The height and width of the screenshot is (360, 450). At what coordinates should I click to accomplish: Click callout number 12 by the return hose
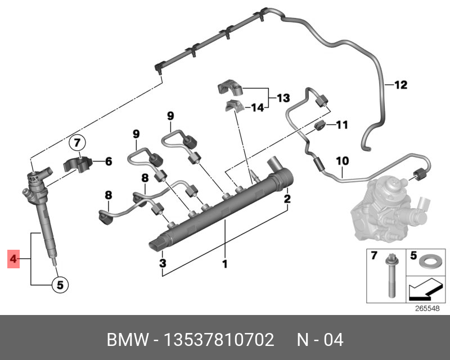point(400,85)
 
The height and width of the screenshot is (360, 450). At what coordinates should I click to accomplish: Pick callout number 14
point(257,107)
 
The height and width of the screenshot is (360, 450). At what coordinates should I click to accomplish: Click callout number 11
point(343,124)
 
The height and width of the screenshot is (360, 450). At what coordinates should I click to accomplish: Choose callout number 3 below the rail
point(162,263)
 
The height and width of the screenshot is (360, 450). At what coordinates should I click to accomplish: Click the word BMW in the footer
point(124,340)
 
